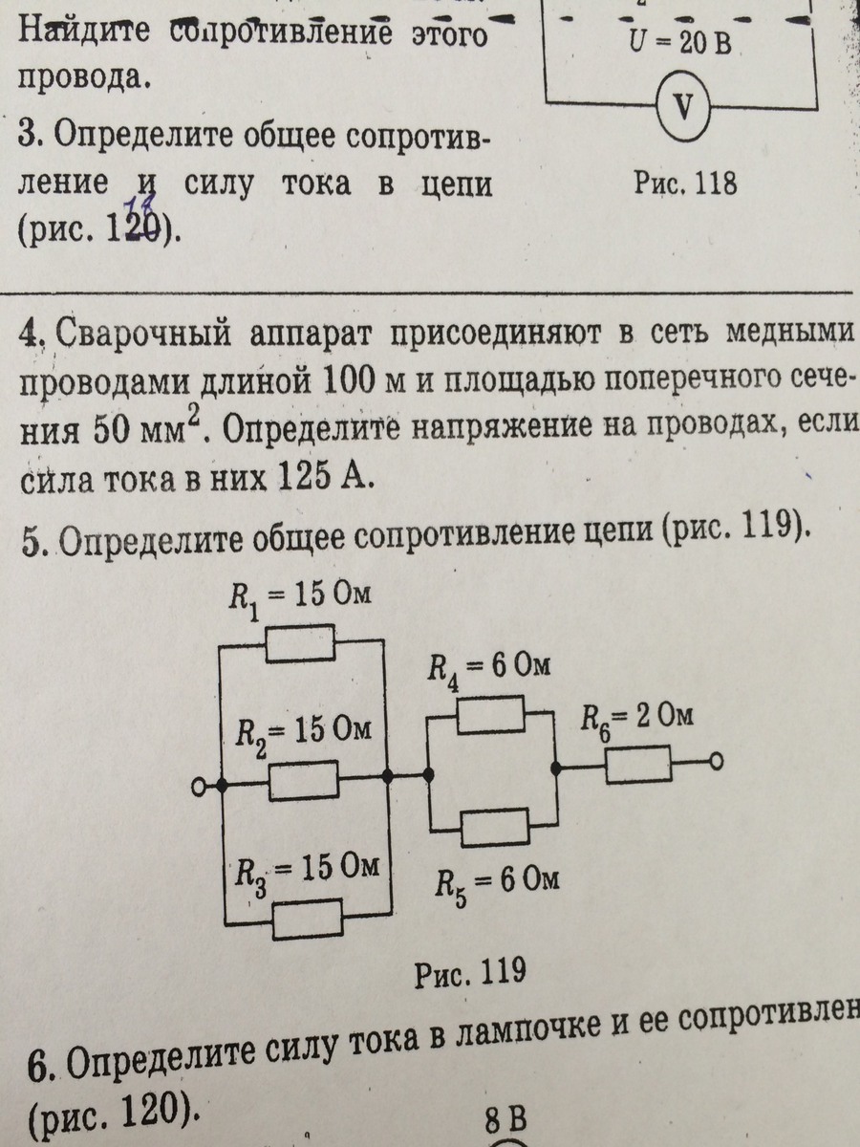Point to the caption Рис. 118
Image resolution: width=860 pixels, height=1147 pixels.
tap(685, 184)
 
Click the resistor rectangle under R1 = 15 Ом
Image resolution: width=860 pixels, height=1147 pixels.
tap(300, 644)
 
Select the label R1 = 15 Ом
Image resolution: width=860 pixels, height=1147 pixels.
tap(300, 600)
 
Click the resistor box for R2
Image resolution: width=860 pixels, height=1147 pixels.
tap(303, 781)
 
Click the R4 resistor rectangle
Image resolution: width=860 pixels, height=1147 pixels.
tap(490, 714)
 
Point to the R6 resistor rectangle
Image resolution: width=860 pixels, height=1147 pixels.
tap(637, 765)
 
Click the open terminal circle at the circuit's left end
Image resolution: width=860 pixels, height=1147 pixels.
tap(199, 786)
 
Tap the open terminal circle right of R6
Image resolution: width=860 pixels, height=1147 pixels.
tap(716, 763)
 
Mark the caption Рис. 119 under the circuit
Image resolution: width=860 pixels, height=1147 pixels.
tap(470, 972)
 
